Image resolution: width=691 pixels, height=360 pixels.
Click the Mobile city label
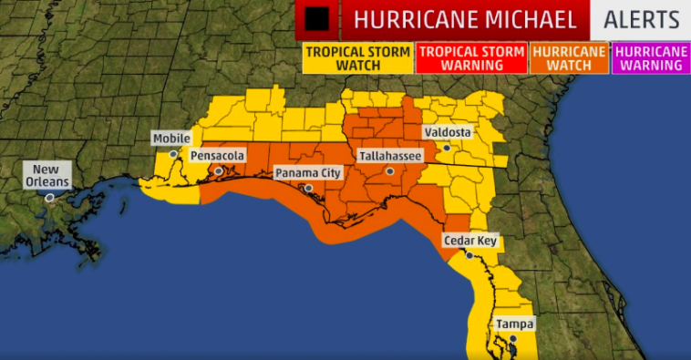(x=171, y=139)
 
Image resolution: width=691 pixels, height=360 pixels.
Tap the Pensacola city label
(x=217, y=156)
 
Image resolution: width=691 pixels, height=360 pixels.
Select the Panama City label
(x=308, y=172)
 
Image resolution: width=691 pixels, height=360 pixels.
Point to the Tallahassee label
(x=389, y=156)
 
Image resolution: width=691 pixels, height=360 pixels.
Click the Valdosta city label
(x=447, y=132)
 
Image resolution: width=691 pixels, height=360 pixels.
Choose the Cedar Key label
(x=469, y=241)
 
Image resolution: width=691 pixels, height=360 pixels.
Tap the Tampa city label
(x=514, y=324)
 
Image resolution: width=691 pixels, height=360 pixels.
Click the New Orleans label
(x=50, y=175)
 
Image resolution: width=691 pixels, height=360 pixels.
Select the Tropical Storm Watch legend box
(x=358, y=59)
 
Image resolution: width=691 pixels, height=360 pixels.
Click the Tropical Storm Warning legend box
(x=471, y=59)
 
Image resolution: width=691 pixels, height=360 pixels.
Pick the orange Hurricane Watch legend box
(x=569, y=59)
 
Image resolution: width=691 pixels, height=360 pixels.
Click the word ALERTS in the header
(x=642, y=20)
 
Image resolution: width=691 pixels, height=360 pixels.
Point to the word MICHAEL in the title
(x=530, y=20)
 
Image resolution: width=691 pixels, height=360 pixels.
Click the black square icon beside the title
(x=317, y=19)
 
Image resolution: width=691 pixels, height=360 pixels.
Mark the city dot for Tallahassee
(x=389, y=171)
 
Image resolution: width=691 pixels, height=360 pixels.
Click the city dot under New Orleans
(x=50, y=197)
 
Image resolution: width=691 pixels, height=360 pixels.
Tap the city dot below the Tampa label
(x=513, y=339)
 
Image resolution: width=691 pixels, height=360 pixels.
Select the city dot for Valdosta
(x=447, y=148)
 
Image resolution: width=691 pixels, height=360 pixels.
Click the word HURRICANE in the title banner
(x=415, y=20)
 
